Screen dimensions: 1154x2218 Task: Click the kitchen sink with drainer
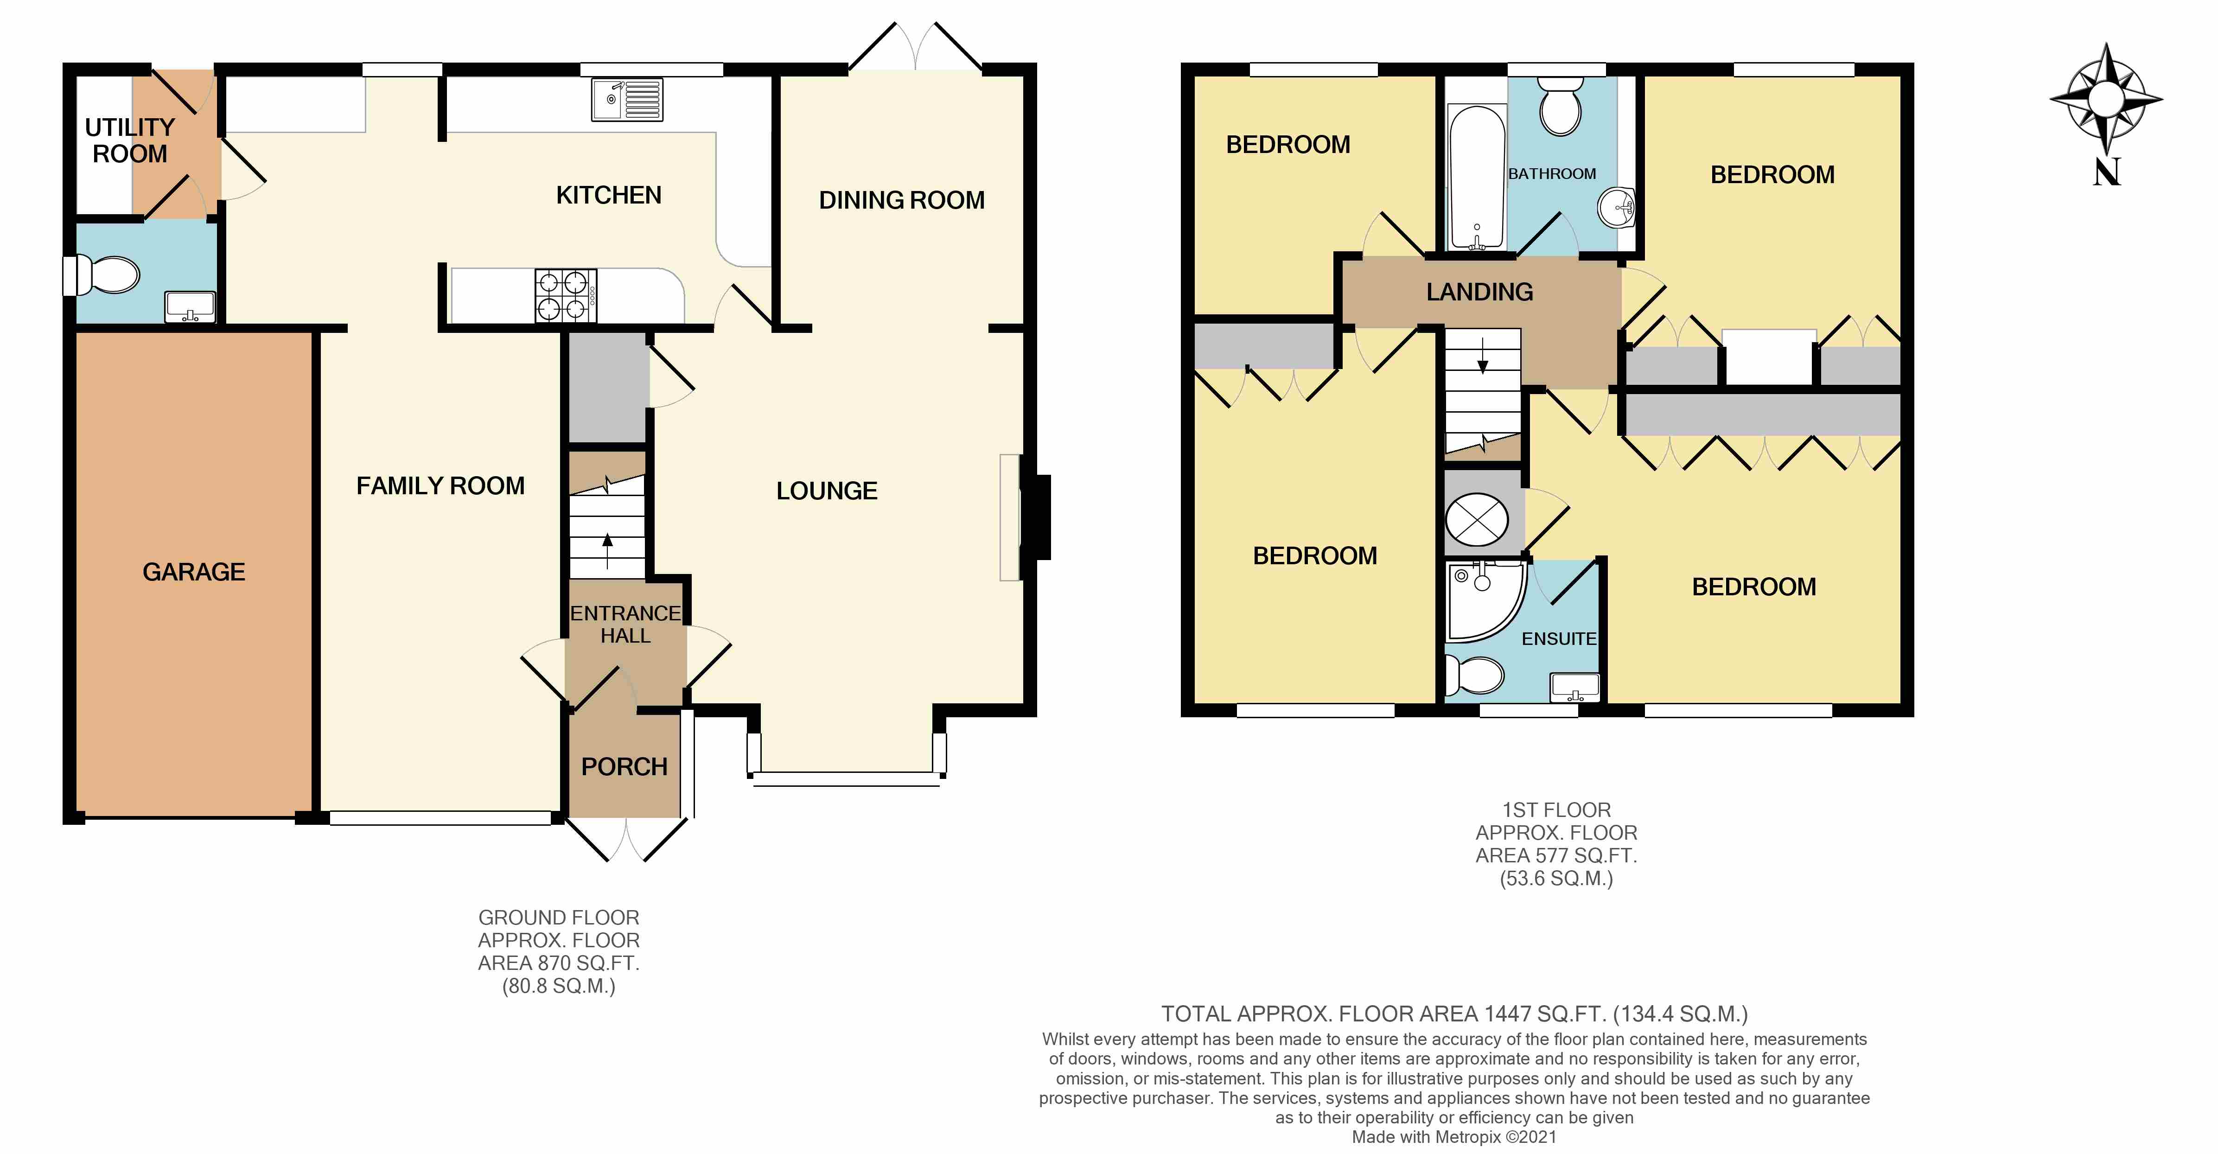pos(627,100)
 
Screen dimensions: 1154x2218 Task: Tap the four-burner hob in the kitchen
pos(566,295)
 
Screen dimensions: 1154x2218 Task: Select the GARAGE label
pos(194,572)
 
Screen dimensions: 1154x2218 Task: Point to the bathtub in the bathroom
pos(1477,177)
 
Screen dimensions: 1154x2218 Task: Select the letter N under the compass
pos(2106,172)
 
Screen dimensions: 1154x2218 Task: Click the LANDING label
pos(1479,292)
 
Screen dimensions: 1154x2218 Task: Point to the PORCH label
pos(624,766)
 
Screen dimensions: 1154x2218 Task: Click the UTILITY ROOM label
pos(129,140)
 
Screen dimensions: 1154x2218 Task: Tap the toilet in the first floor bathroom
pos(1560,107)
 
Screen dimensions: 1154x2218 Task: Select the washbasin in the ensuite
pos(1574,686)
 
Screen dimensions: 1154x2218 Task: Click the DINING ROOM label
pos(901,200)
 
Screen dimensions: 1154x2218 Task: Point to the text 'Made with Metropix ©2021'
pos(1454,1137)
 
